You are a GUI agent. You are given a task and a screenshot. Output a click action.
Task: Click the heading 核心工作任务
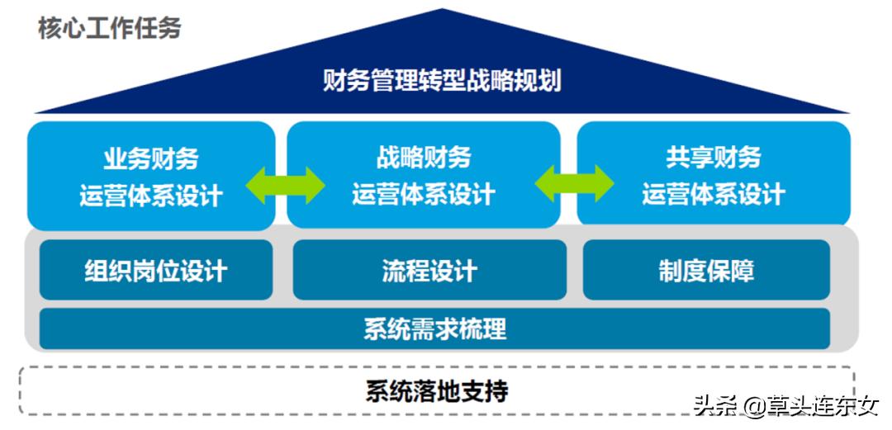point(109,28)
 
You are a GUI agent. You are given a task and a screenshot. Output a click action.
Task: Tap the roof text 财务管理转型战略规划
point(442,81)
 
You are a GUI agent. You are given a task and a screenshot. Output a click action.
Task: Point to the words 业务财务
point(151,158)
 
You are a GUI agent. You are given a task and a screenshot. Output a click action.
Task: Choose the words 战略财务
point(424,158)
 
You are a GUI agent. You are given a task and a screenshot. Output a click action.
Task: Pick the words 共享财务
point(713,158)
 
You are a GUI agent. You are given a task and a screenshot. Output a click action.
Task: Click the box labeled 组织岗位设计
point(155,271)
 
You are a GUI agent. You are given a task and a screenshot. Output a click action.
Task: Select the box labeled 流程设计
point(429,271)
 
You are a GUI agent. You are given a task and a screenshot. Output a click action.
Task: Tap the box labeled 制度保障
point(706,271)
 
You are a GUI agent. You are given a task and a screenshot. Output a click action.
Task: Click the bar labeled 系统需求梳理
point(434,328)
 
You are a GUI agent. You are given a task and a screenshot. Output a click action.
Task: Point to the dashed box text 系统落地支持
point(437,390)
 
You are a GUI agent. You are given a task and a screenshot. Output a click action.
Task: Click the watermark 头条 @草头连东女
point(785,406)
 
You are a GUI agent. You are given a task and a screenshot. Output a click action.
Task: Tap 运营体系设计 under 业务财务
point(151,196)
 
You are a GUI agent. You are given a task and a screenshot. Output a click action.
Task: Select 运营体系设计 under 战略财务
point(424,196)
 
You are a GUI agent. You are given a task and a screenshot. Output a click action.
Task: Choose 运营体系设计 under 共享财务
point(713,196)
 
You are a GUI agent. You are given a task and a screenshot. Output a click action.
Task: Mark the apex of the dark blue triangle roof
point(443,11)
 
